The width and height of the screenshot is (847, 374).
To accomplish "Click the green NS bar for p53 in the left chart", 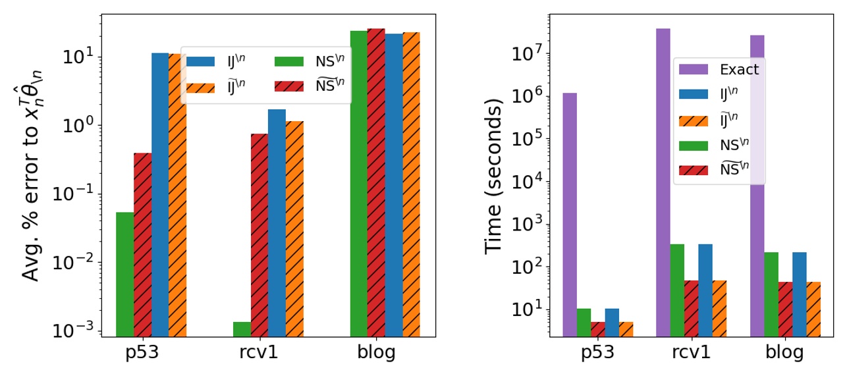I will point(124,274).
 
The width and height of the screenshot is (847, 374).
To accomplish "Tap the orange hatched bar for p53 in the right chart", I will point(626,329).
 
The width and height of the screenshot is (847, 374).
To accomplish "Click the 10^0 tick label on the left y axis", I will point(78,126).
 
